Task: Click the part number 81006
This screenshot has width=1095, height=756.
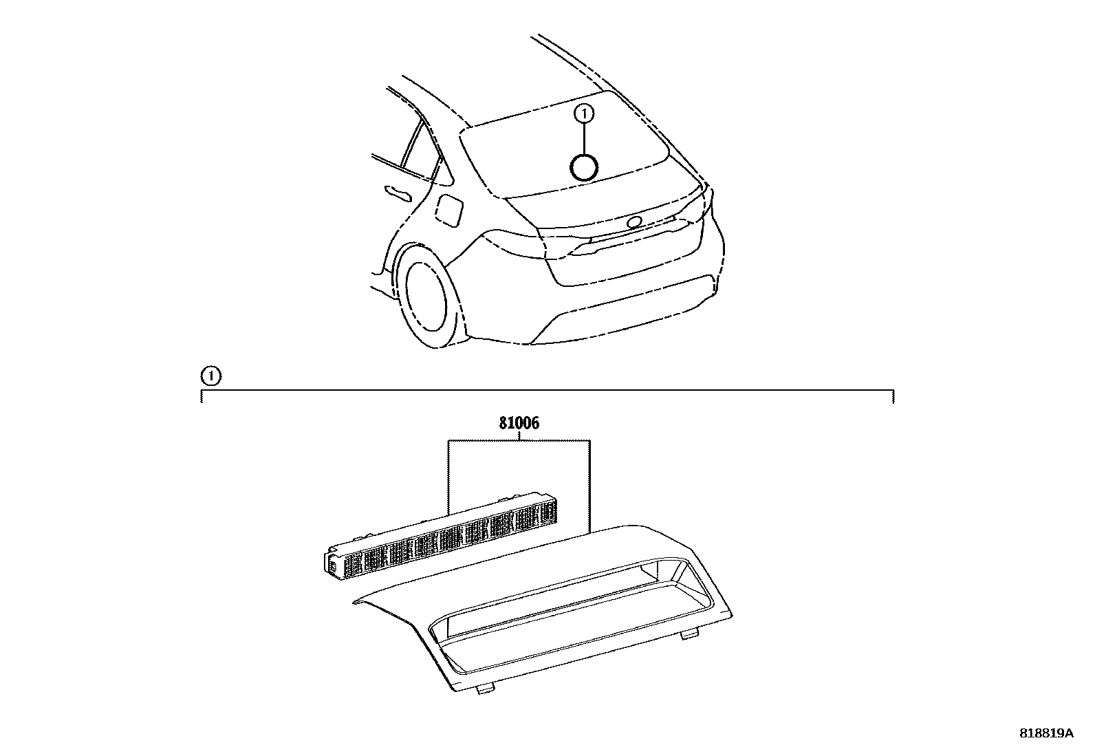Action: pyautogui.click(x=519, y=424)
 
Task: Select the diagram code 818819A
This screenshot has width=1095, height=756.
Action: pyautogui.click(x=1045, y=733)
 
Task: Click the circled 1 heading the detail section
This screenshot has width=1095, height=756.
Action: pyautogui.click(x=210, y=376)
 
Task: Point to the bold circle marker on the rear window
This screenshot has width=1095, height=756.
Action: pyautogui.click(x=584, y=167)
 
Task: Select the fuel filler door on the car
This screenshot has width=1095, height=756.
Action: pyautogui.click(x=451, y=209)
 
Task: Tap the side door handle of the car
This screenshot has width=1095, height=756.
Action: pyautogui.click(x=398, y=193)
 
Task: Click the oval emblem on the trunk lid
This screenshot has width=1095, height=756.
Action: pyautogui.click(x=633, y=222)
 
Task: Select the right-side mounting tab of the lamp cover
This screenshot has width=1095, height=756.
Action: pyautogui.click(x=688, y=635)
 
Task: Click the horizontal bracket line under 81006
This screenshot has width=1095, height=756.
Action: pyautogui.click(x=519, y=440)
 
